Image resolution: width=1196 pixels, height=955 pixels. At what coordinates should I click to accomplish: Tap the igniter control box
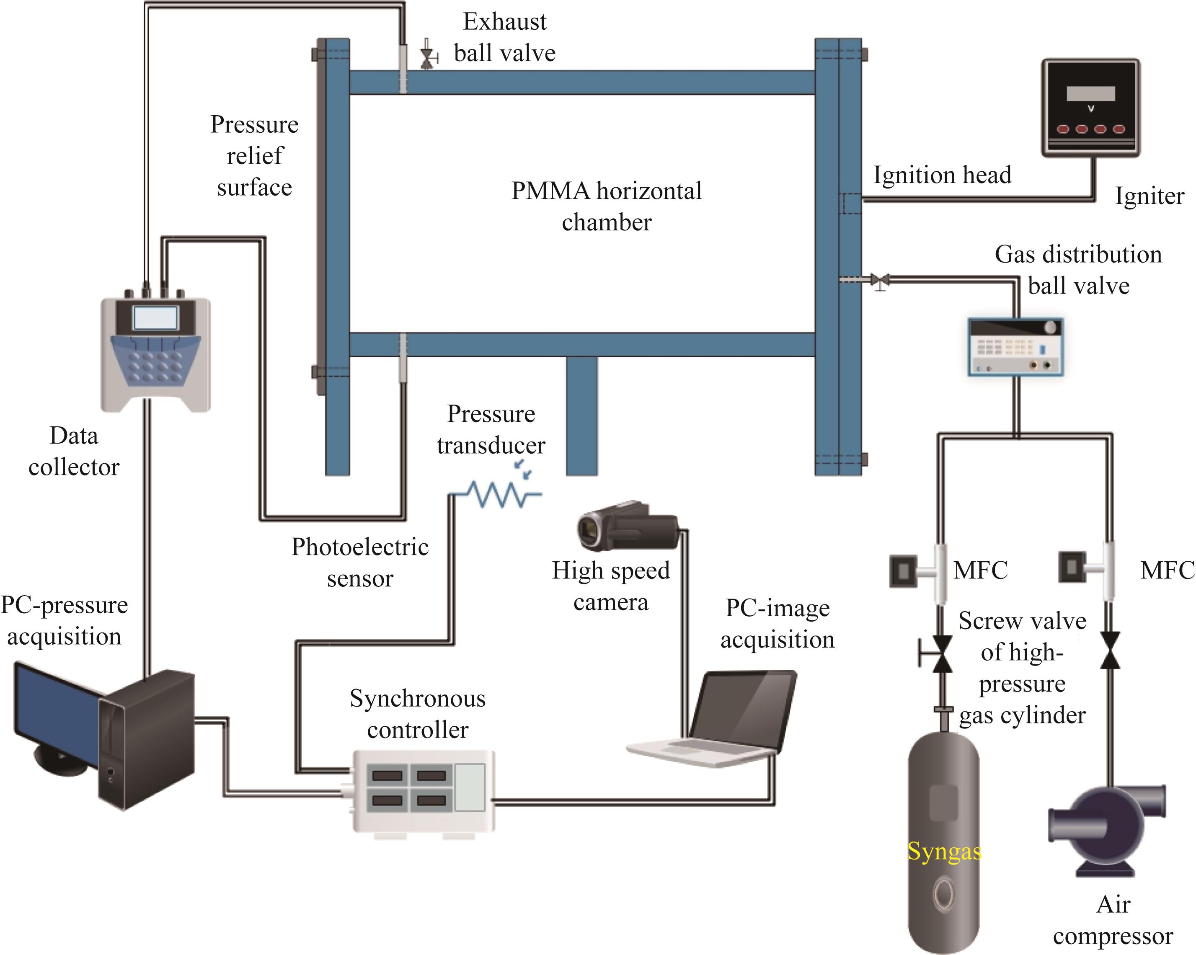coord(1090,108)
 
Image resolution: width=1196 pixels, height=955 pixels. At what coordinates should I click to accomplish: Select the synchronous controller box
coord(423,790)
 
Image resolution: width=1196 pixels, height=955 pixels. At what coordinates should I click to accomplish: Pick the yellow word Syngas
coord(944,851)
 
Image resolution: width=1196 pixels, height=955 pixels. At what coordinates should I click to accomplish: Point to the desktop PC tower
coord(147,741)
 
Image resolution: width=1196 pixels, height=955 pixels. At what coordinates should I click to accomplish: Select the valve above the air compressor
coord(1110,650)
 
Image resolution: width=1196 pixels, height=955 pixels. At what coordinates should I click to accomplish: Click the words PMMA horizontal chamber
coord(606,206)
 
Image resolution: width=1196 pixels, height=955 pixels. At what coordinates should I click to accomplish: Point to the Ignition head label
coord(942,175)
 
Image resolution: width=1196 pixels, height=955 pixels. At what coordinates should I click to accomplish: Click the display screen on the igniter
coord(1090,93)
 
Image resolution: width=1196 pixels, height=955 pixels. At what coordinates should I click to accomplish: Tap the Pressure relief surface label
coord(255,156)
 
